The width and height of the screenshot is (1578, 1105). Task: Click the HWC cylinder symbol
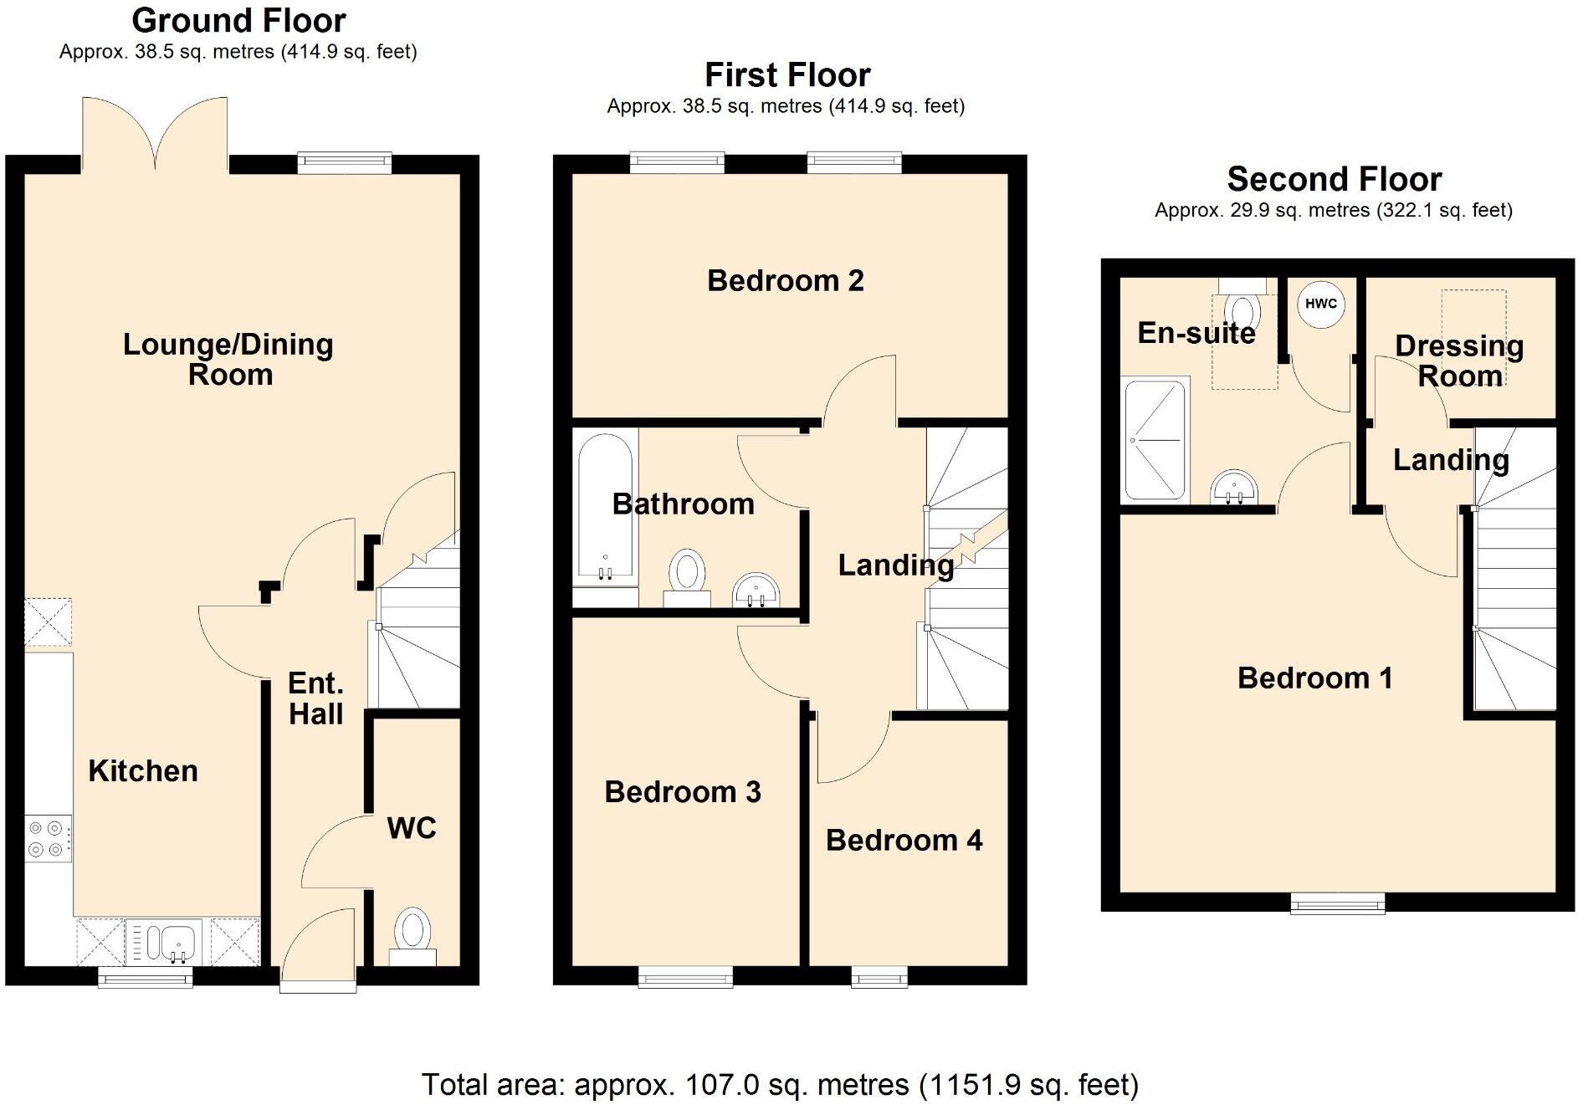click(1320, 304)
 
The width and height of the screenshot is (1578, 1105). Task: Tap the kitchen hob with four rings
click(47, 838)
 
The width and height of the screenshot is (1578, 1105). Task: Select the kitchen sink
click(167, 943)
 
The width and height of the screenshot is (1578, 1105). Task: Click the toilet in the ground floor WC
click(412, 934)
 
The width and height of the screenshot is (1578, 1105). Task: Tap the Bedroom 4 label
click(904, 840)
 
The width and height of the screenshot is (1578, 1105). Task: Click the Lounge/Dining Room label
click(228, 359)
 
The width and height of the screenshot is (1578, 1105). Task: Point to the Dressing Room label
click(1459, 361)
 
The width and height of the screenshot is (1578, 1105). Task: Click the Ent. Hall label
click(315, 698)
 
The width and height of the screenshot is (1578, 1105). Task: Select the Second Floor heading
click(1334, 179)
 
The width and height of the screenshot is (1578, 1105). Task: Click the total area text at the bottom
click(780, 1084)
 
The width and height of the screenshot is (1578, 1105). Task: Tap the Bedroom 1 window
click(1337, 903)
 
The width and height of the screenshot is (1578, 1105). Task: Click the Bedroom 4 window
click(879, 976)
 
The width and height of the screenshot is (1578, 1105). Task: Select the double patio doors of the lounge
click(155, 134)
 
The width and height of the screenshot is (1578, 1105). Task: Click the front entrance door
click(318, 949)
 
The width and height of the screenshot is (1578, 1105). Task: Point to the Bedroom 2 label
click(785, 280)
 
